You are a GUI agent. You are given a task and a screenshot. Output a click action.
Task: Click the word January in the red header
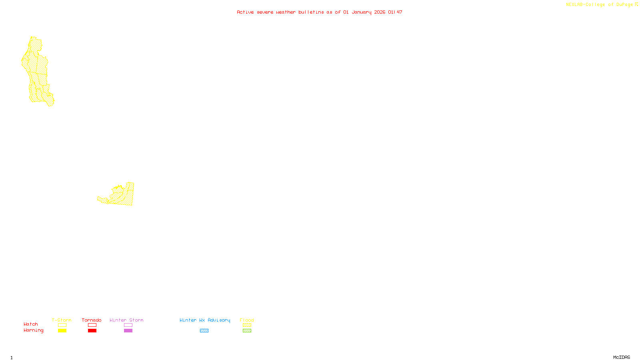(x=361, y=12)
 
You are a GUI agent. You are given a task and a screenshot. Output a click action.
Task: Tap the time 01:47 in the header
(x=395, y=12)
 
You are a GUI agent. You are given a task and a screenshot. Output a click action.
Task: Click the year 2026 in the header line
(x=380, y=12)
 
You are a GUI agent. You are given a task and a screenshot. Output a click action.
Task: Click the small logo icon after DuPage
(x=636, y=4)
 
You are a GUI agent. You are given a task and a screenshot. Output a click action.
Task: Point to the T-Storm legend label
(x=62, y=320)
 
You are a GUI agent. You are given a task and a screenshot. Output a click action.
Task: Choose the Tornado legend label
(x=92, y=320)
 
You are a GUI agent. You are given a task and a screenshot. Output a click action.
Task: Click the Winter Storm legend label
(x=126, y=320)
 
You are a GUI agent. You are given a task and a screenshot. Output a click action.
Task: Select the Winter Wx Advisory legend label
(x=205, y=320)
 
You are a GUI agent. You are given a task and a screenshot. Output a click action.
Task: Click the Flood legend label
(x=247, y=320)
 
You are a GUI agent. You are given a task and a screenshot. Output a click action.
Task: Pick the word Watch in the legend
(x=31, y=324)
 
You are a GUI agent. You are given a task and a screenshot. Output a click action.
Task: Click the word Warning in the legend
(x=33, y=330)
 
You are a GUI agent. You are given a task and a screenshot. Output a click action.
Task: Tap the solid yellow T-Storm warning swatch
(x=62, y=331)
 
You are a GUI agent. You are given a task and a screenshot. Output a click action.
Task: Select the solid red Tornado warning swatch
(x=92, y=331)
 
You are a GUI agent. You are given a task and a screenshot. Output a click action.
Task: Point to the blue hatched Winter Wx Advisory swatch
(x=204, y=331)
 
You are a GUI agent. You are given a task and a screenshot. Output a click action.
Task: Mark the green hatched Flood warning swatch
(x=247, y=331)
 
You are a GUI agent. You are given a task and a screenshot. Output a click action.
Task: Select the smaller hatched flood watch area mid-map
(x=122, y=196)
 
